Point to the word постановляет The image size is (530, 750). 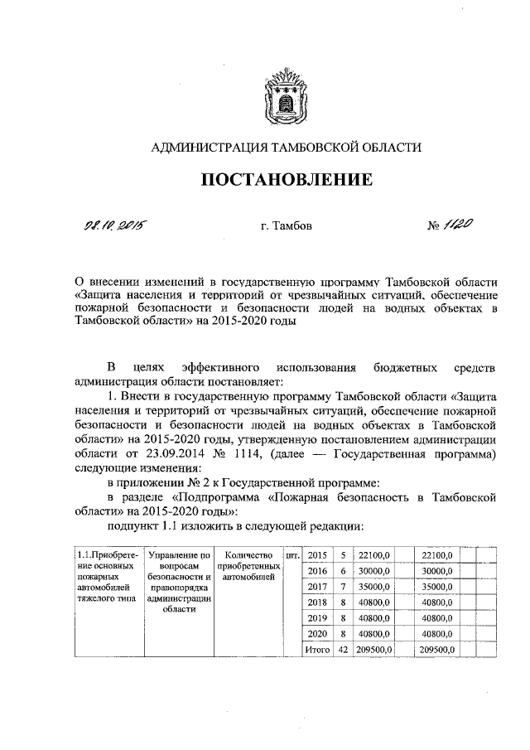point(247,381)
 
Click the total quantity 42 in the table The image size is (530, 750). point(343,649)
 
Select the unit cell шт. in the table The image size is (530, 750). point(291,554)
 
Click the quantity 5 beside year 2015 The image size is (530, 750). point(343,554)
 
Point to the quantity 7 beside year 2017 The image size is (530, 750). point(343,586)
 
